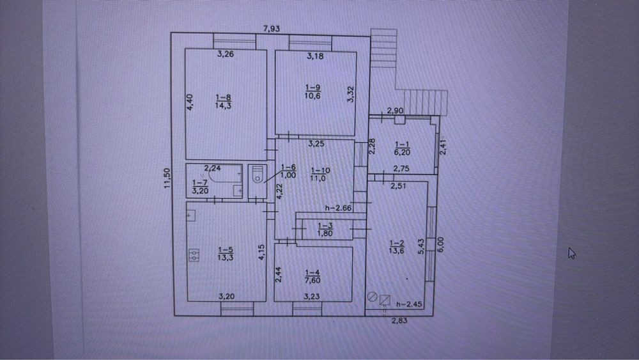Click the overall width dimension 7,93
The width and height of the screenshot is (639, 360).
(272, 29)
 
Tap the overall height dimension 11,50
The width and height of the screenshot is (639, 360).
(167, 178)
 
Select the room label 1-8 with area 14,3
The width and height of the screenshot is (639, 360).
(223, 102)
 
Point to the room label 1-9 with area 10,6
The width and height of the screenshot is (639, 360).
(312, 91)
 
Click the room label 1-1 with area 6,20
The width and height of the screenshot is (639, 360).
(402, 148)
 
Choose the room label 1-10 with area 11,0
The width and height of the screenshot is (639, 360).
(320, 174)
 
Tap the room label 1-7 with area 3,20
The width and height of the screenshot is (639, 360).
(200, 187)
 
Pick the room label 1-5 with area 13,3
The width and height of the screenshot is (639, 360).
(226, 253)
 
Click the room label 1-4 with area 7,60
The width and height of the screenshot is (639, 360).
(312, 276)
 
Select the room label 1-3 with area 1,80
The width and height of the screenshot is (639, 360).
(325, 230)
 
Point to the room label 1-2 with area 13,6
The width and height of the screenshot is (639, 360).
(397, 247)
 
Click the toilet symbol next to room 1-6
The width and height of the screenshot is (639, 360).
(257, 175)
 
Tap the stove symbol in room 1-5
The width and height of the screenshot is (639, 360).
(194, 255)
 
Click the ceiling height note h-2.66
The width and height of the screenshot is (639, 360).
(338, 208)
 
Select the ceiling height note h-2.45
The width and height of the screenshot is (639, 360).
(409, 304)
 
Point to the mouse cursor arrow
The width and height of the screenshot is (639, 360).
(572, 253)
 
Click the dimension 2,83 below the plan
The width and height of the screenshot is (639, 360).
(399, 320)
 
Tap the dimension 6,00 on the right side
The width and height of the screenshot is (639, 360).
(440, 245)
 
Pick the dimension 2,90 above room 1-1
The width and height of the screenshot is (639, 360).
(395, 111)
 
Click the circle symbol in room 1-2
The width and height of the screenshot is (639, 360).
(372, 297)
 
